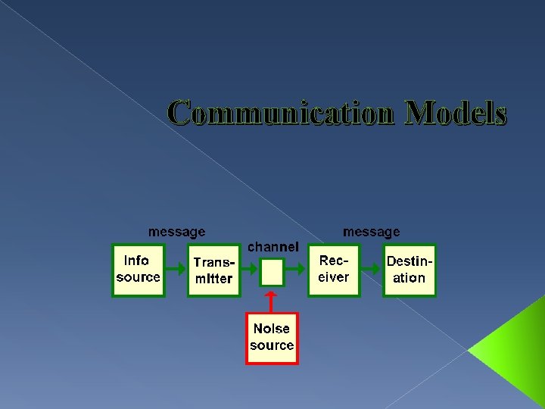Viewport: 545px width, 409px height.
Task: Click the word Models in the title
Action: (456, 114)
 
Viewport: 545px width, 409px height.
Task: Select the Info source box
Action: (138, 270)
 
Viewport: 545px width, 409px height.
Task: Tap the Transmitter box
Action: (213, 270)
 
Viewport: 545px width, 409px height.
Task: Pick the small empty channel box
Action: (272, 271)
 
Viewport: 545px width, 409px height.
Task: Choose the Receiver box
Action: (334, 270)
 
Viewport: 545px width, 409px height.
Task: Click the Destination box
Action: (410, 270)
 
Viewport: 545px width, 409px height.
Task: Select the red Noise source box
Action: (272, 338)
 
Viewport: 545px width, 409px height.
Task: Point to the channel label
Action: (273, 247)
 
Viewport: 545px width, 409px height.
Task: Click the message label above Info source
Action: (176, 231)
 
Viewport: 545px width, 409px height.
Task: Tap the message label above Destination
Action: (372, 231)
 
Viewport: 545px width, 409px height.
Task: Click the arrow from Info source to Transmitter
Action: (175, 270)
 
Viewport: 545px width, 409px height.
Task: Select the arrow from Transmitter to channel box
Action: (250, 270)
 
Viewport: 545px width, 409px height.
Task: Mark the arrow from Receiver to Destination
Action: (371, 270)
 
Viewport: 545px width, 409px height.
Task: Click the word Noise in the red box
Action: (272, 329)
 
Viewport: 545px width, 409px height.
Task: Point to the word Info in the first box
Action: (136, 261)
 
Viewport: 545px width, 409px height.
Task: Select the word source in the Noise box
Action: (272, 346)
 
